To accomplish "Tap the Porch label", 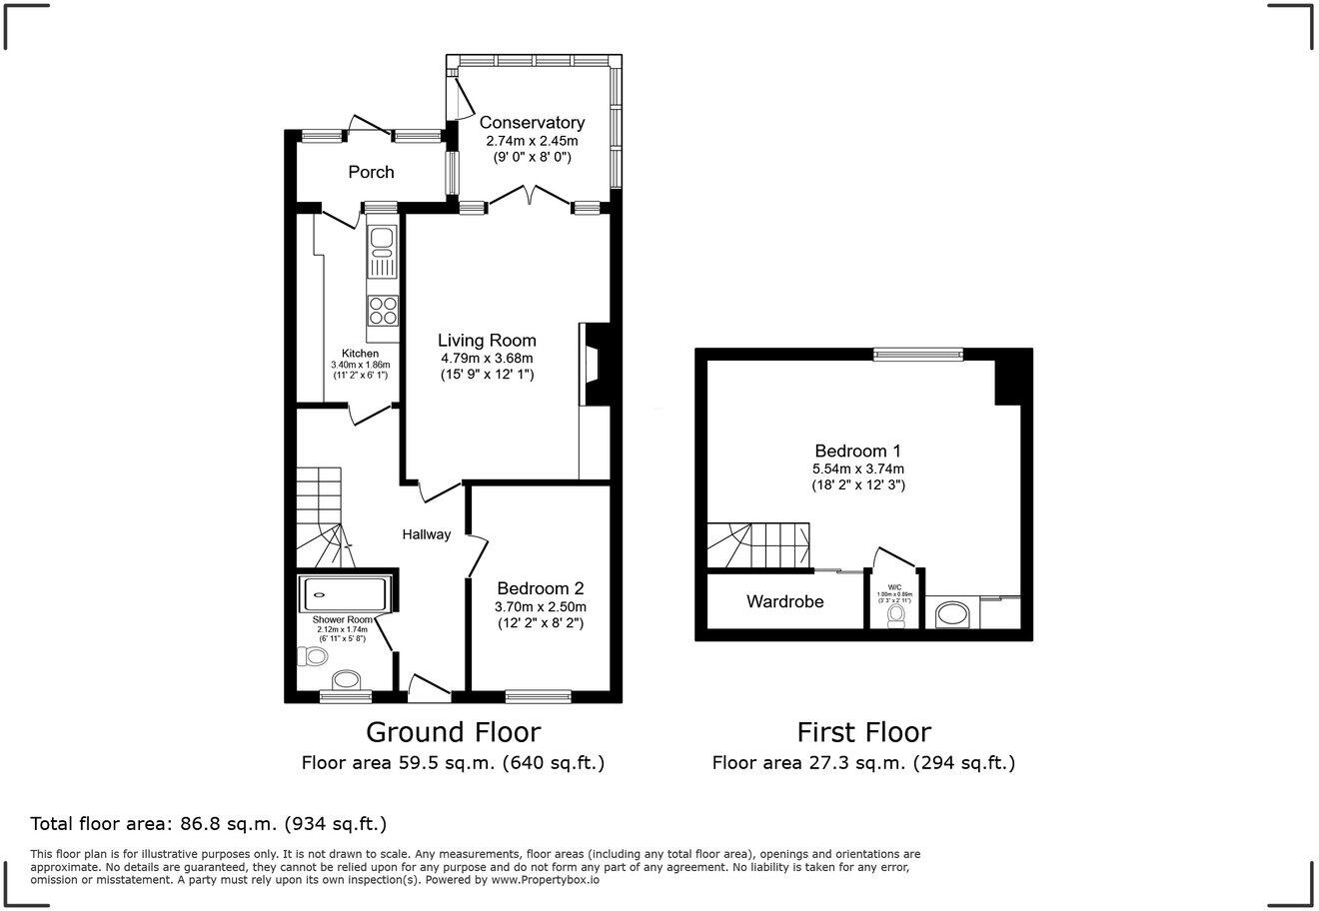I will click(x=371, y=172).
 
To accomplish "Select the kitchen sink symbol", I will click(x=383, y=251).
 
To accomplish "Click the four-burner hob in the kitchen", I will click(x=383, y=311).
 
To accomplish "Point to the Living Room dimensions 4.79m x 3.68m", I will click(x=488, y=358).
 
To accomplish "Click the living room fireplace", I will click(x=596, y=364).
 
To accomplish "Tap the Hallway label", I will click(x=427, y=534).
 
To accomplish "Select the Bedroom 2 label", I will click(x=540, y=588).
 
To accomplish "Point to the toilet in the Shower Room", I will click(x=313, y=657).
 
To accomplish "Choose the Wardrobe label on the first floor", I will click(x=784, y=601).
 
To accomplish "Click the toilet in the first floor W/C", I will click(x=895, y=614).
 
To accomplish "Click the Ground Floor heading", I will click(x=453, y=732).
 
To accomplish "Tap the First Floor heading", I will click(x=863, y=732).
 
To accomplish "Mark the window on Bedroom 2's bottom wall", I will click(x=539, y=696).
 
